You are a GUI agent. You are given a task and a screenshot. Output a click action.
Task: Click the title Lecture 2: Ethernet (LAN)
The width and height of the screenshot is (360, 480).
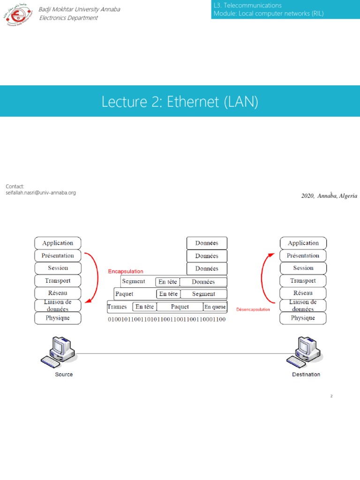[x=180, y=101]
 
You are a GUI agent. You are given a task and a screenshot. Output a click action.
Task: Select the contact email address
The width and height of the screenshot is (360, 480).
[x=40, y=193]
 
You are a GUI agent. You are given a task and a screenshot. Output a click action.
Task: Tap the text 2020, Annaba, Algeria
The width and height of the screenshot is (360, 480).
[x=329, y=196]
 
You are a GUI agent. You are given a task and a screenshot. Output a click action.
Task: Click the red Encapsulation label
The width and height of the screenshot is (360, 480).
[x=126, y=271]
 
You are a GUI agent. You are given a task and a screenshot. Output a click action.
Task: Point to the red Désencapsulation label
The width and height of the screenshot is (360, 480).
[x=253, y=309]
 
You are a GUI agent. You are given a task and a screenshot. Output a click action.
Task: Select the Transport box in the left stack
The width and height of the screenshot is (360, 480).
[x=58, y=281]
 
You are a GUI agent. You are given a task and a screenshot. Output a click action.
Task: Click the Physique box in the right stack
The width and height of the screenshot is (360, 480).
[x=303, y=318]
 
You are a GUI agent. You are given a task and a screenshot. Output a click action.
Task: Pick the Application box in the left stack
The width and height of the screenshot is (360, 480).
[x=58, y=243]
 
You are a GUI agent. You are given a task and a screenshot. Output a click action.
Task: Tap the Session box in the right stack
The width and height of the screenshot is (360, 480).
[x=303, y=268]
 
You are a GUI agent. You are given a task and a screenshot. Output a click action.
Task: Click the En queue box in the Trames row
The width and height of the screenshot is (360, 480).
[x=215, y=307]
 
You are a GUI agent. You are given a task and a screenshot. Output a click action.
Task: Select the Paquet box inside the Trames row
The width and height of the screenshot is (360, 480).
[x=180, y=307]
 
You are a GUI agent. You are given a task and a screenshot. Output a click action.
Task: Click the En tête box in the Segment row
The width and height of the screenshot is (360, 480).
[x=168, y=282]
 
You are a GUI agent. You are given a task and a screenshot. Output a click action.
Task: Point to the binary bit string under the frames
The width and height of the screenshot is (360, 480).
[x=167, y=320]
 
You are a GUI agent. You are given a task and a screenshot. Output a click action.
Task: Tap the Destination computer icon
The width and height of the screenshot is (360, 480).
[x=305, y=351]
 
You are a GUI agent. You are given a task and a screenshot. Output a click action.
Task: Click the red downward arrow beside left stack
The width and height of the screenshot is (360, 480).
[x=96, y=277]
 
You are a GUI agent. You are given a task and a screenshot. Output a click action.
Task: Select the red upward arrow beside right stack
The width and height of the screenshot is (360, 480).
[x=264, y=277]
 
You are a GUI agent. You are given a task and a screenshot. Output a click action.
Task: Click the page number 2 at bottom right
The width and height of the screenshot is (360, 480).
[x=331, y=396]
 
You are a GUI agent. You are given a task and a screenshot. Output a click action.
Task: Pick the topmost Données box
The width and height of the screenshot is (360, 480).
[x=207, y=243]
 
